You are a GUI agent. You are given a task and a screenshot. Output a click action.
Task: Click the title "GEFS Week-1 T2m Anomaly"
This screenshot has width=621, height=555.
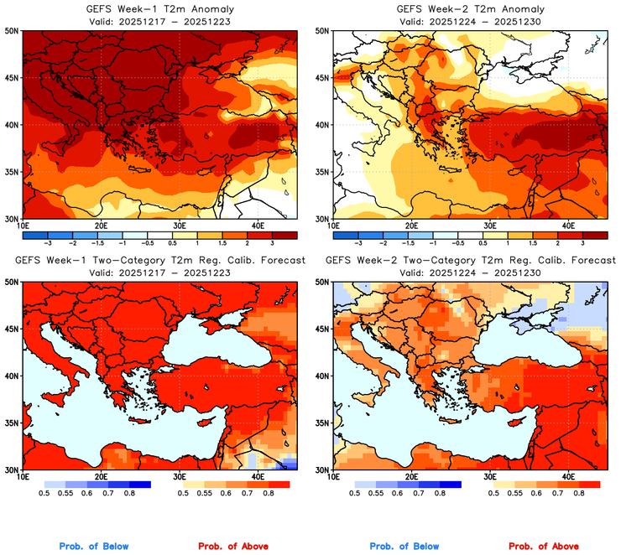pyautogui.click(x=159, y=9)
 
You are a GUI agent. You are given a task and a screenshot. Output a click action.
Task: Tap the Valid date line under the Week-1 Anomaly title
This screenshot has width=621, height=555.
pyautogui.click(x=159, y=21)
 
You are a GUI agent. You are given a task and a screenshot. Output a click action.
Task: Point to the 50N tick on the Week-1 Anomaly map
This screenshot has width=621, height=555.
pyautogui.click(x=11, y=31)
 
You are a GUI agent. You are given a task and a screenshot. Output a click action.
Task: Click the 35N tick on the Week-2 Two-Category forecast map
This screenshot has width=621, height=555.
pyautogui.click(x=321, y=423)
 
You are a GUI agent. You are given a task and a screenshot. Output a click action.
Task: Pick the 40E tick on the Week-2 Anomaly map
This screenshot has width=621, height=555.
pyautogui.click(x=567, y=226)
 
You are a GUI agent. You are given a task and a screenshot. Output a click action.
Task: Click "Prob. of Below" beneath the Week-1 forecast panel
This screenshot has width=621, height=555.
pyautogui.click(x=94, y=547)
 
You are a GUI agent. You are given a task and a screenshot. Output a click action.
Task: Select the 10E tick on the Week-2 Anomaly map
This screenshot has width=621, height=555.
pyautogui.click(x=332, y=226)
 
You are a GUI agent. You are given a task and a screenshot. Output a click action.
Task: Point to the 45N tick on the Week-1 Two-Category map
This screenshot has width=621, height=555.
pyautogui.click(x=11, y=329)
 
